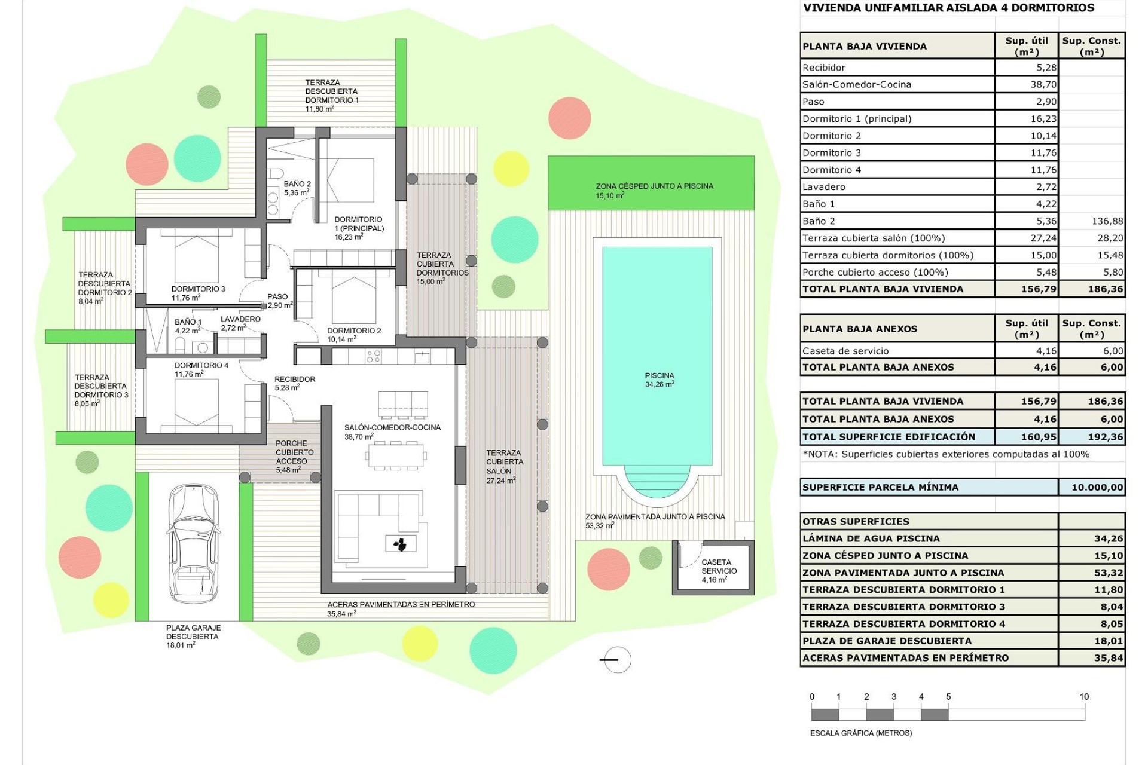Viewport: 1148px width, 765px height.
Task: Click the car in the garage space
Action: (193, 543)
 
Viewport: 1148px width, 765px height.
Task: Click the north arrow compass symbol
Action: (616, 660)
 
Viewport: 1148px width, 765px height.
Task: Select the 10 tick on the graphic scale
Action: (1084, 697)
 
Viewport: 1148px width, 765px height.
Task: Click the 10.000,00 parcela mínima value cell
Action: (1091, 487)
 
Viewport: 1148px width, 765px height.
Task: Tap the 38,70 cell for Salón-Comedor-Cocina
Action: (1027, 84)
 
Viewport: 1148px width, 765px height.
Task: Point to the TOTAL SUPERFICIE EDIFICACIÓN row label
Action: (889, 437)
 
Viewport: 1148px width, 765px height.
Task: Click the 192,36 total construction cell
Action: (1092, 437)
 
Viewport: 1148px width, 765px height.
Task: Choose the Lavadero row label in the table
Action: (824, 187)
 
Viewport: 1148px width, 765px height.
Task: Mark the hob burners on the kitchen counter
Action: (374, 357)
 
